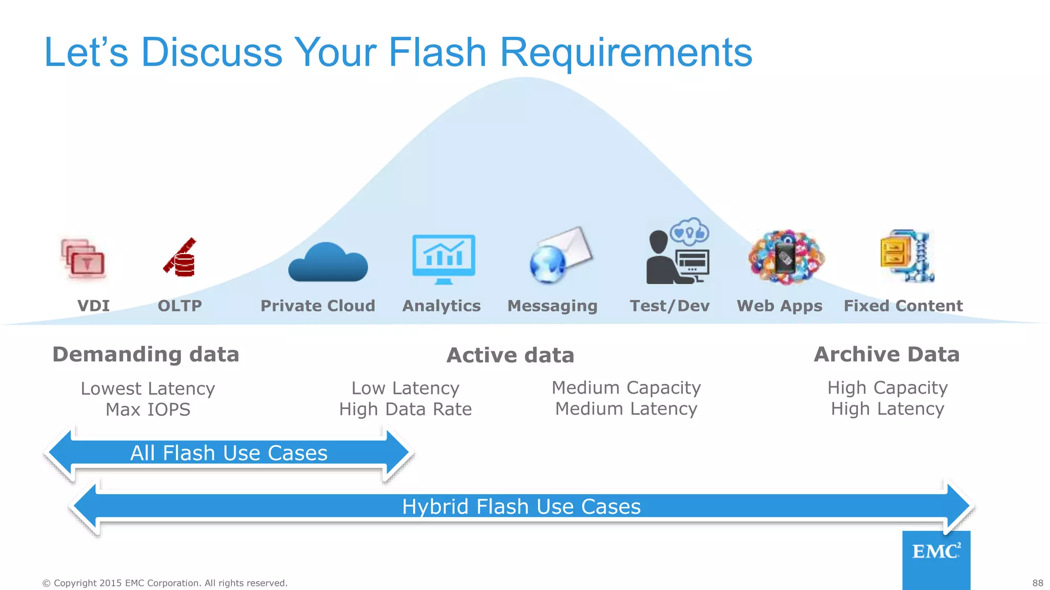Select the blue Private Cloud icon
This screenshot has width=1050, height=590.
click(328, 262)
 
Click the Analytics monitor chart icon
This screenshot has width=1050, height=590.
click(443, 259)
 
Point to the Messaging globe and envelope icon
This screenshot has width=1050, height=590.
click(560, 255)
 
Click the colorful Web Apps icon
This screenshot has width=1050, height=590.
click(786, 257)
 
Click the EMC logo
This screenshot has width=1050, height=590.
click(936, 552)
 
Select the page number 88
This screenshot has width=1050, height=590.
click(1038, 583)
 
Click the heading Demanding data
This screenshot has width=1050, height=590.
click(146, 354)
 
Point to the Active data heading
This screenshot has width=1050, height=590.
click(510, 355)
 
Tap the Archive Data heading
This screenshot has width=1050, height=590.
click(886, 354)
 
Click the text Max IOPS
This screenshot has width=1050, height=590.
click(148, 410)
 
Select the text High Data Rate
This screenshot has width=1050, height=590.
click(405, 409)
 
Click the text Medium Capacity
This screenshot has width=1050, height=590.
click(626, 388)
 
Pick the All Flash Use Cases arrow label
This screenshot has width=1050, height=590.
click(229, 453)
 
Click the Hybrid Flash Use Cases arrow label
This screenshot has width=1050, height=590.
click(521, 507)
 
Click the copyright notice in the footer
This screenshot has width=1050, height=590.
click(165, 583)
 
